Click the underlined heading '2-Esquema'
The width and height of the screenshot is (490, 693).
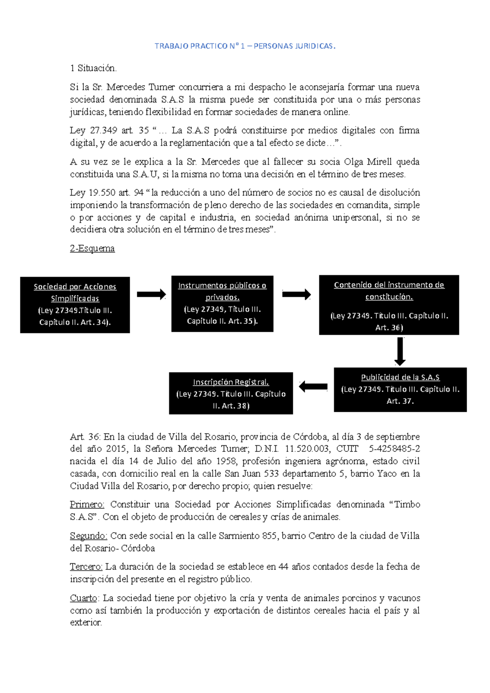tap(92, 249)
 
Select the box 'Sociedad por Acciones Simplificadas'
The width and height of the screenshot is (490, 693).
tap(75, 305)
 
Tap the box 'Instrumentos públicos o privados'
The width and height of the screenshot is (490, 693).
tap(222, 304)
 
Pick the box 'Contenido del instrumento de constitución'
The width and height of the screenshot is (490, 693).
tap(389, 305)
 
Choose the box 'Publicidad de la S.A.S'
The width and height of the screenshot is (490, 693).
tap(400, 389)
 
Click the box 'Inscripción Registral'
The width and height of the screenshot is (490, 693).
tap(231, 393)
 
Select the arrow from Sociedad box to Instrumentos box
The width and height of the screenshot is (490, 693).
tap(151, 294)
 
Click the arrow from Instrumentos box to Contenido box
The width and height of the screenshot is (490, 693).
tap(296, 294)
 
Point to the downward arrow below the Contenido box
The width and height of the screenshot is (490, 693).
tap(400, 351)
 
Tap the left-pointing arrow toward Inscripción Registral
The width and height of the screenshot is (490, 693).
tap(313, 386)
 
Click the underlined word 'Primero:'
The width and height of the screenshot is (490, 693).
tap(87, 504)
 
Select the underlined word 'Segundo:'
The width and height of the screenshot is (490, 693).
tap(88, 535)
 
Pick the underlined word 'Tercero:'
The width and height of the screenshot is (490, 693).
tap(86, 566)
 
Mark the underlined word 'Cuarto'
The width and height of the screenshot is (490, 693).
tap(84, 598)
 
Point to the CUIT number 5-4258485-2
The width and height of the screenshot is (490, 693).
tap(394, 449)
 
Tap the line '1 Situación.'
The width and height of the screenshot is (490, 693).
tap(94, 68)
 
